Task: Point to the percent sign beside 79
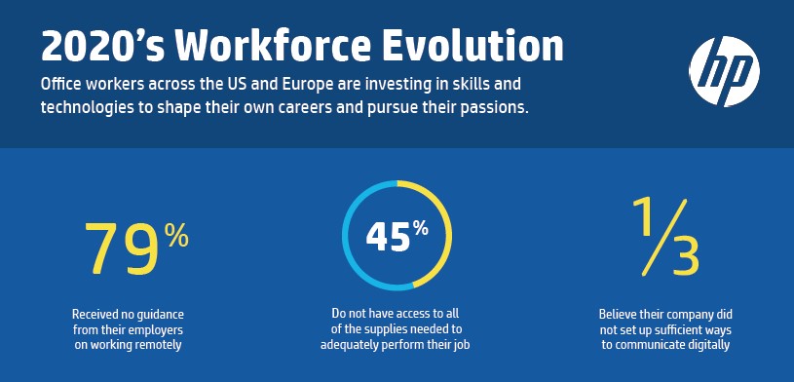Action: coord(175,235)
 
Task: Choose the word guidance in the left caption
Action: coord(160,314)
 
